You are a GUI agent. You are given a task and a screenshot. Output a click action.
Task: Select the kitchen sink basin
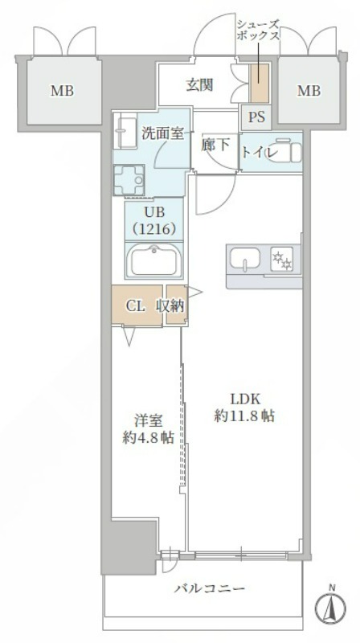pos(245,259)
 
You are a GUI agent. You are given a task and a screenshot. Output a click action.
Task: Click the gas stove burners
pos(282,259)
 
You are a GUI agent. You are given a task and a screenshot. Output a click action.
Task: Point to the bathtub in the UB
pos(153,260)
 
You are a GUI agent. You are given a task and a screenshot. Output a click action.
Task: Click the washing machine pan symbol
pos(129,180)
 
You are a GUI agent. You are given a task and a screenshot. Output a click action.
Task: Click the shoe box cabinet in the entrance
pos(259,84)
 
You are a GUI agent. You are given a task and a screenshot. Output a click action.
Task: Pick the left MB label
pos(63,91)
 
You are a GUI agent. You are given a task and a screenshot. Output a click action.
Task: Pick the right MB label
pos(309,91)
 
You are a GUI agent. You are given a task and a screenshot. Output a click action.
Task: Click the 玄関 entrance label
pos(199,85)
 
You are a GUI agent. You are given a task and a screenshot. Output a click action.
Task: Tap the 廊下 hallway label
pos(215,145)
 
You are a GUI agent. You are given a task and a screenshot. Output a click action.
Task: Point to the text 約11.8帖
pos(244,416)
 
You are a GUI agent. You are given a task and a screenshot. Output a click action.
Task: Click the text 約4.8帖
pos(149,437)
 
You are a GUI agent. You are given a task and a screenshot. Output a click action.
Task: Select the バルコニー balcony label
pos(210,589)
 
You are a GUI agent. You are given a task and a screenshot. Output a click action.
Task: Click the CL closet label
pos(135,306)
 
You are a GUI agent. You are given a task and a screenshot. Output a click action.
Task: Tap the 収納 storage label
pos(170,306)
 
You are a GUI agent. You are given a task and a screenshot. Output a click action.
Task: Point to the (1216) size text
pos(154,230)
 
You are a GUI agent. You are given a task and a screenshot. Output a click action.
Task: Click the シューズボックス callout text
pos(258,30)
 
